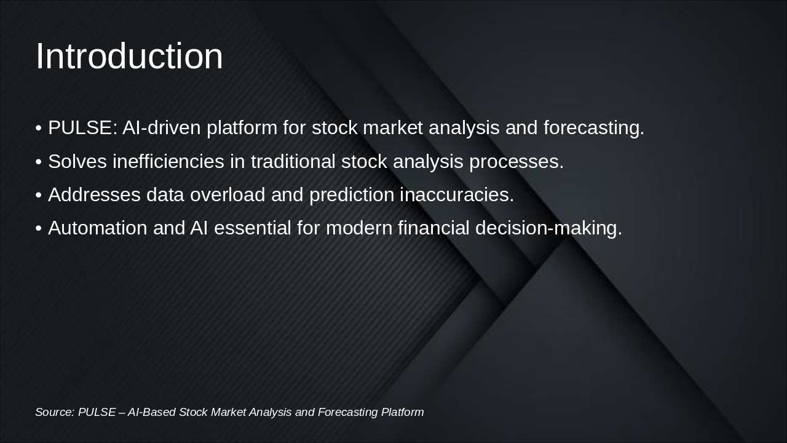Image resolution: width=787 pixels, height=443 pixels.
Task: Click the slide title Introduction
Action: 129,56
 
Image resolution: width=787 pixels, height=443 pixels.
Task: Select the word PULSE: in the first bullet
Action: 82,127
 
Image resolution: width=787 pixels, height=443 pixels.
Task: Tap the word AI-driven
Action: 162,127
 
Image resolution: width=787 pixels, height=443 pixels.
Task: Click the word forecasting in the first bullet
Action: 594,128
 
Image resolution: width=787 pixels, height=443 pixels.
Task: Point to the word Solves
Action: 77,161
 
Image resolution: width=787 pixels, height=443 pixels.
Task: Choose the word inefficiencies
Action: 168,161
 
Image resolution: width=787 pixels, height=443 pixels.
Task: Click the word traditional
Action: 293,161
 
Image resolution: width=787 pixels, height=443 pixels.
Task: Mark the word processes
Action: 516,162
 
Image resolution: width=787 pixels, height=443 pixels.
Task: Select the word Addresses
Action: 94,194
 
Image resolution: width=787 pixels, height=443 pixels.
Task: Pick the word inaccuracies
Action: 457,194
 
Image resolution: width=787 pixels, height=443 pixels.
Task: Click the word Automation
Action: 98,228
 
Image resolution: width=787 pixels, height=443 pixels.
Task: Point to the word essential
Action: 252,228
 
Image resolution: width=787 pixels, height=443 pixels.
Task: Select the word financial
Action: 433,228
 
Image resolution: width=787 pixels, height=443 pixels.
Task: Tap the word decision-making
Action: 548,228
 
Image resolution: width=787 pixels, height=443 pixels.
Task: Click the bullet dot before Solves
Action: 39,162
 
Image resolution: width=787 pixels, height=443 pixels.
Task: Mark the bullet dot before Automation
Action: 39,228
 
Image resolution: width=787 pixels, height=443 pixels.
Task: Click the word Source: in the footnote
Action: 55,412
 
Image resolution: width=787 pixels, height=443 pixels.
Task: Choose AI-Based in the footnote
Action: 151,412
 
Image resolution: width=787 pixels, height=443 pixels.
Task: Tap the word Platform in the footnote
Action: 402,412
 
